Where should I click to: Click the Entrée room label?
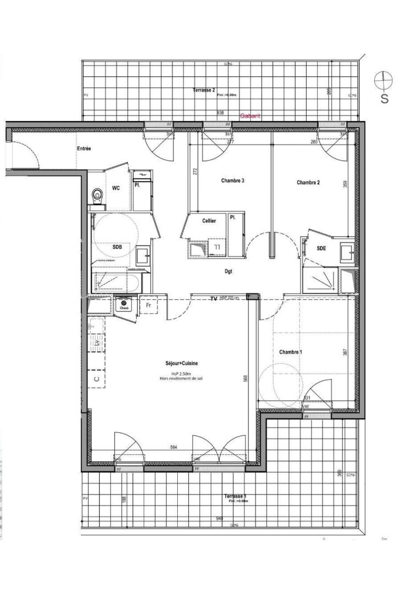[84, 148]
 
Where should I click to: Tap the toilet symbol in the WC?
[99, 195]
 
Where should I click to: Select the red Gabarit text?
[250, 117]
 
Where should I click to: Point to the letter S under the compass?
[384, 99]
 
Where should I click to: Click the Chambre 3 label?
[232, 180]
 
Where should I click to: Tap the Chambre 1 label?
[290, 352]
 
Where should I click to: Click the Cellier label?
[209, 221]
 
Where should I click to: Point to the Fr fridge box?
[148, 304]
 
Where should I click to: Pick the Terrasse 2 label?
[204, 90]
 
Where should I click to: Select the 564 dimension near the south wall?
[173, 447]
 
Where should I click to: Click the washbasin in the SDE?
[347, 252]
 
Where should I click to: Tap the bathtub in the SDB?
[116, 282]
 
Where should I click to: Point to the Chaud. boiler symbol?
[124, 304]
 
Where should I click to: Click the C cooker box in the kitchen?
[96, 378]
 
